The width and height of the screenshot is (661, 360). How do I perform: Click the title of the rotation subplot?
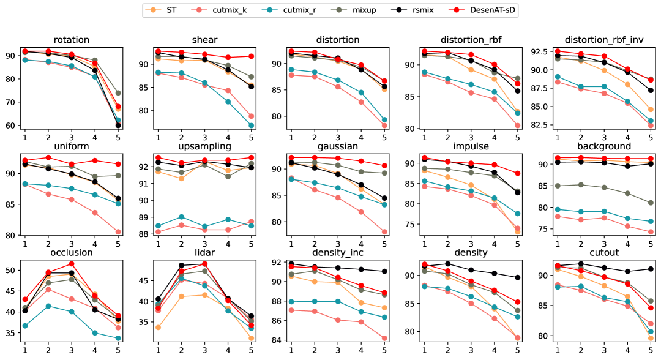point(71,40)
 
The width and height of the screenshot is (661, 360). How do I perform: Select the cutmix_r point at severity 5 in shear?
point(251,126)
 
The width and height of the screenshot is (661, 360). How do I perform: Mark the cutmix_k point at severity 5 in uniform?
point(118,232)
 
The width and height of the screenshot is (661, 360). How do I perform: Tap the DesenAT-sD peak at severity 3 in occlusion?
point(71,264)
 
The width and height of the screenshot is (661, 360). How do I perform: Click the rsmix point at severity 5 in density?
point(517,277)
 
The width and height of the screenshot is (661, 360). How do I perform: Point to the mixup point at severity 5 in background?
point(650,203)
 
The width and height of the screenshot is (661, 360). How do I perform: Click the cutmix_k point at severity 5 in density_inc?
point(384,338)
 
